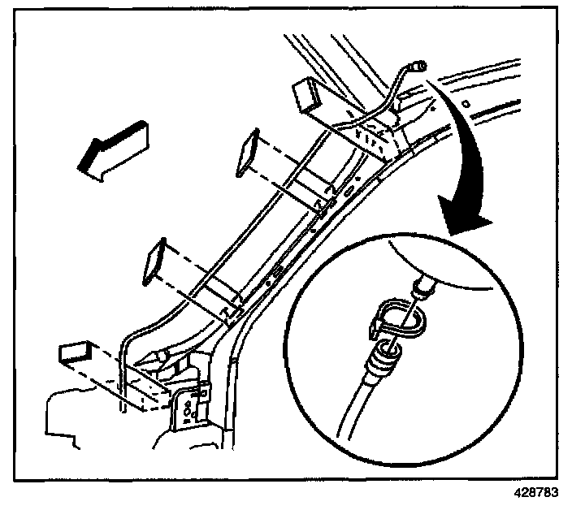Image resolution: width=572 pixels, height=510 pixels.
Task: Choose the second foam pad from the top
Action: click(x=247, y=153)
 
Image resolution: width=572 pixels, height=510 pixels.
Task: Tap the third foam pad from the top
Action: click(x=154, y=260)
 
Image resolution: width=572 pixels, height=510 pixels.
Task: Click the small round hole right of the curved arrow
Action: click(x=467, y=105)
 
